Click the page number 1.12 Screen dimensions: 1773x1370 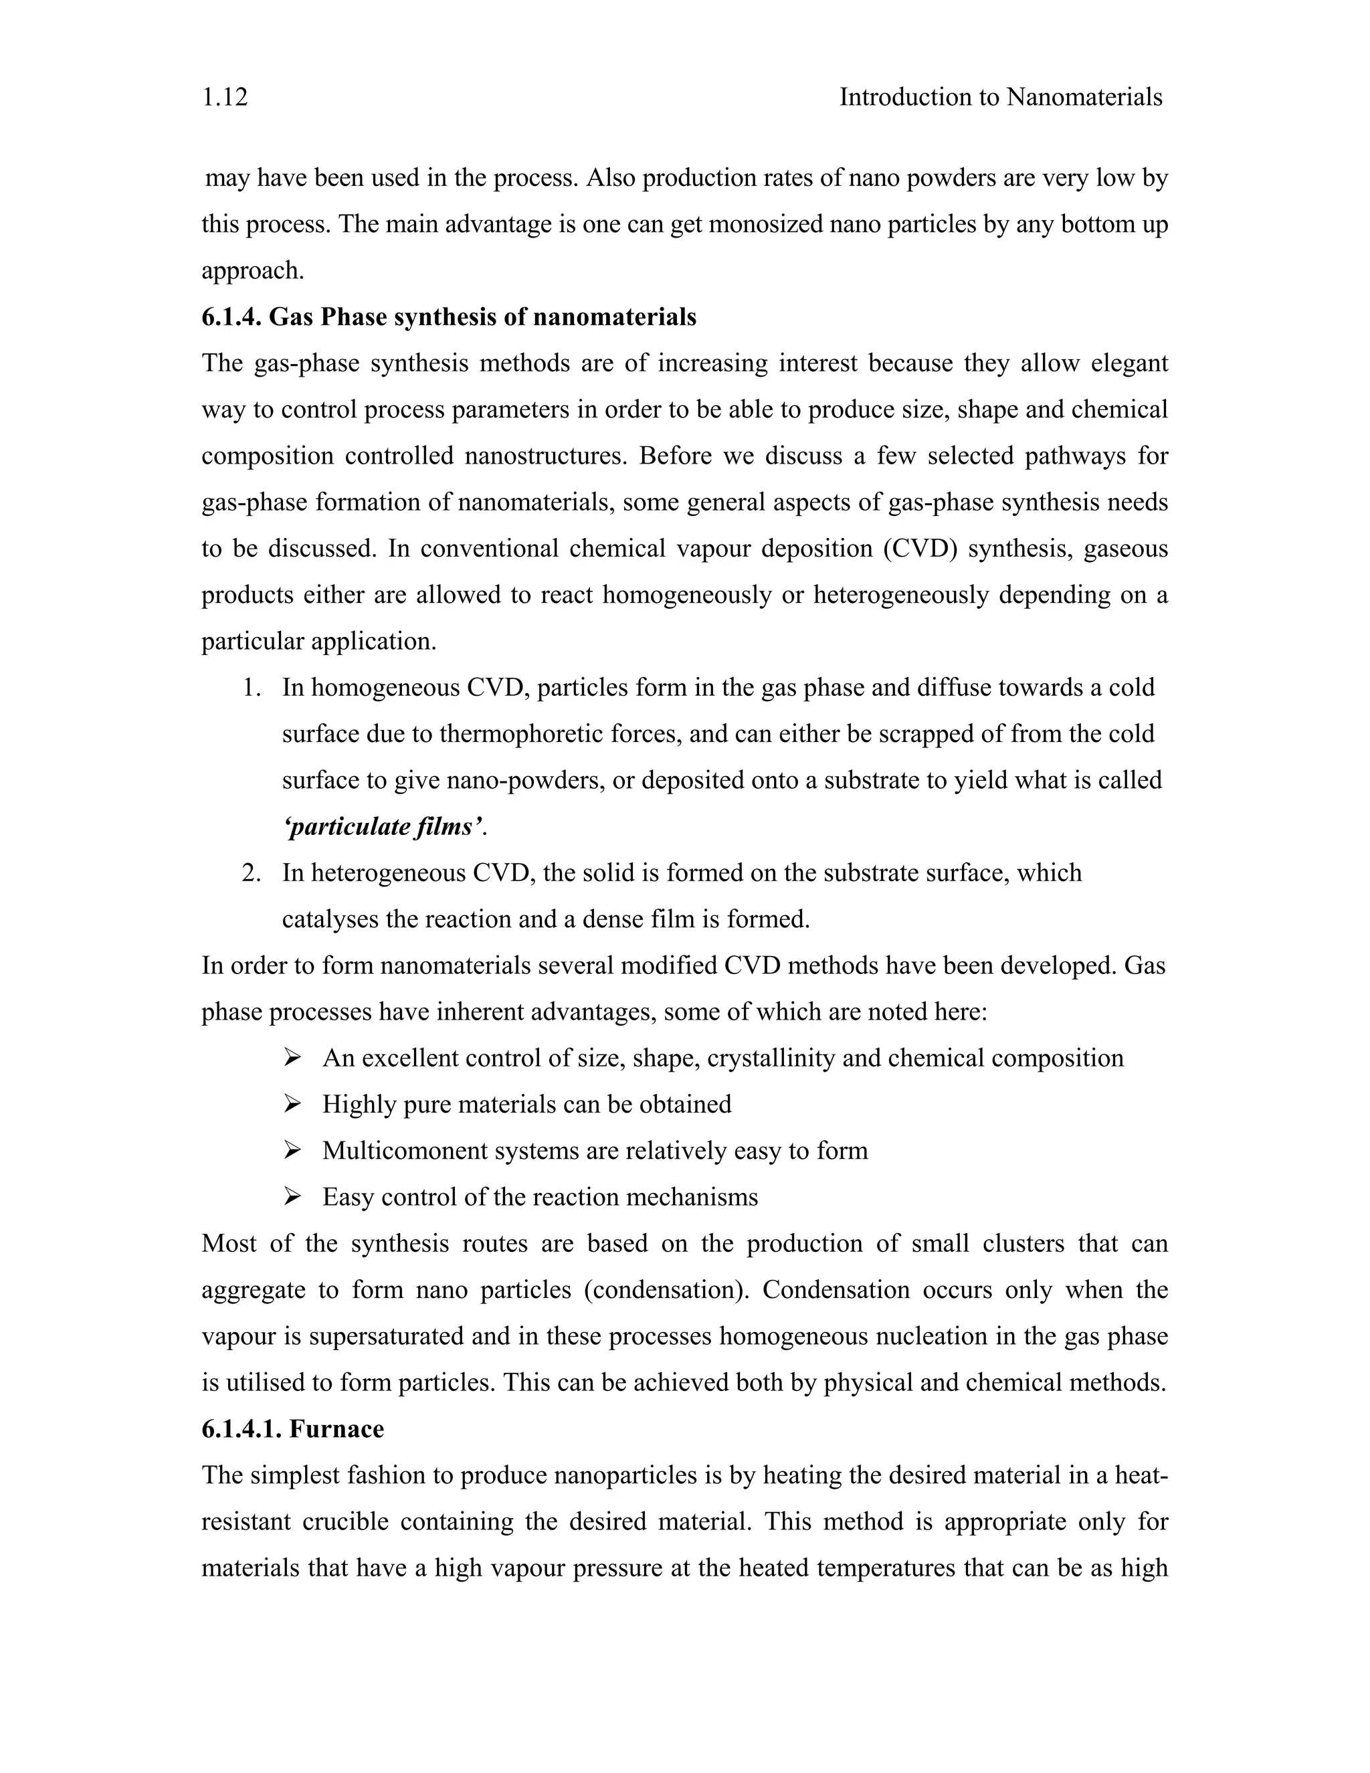click(x=225, y=98)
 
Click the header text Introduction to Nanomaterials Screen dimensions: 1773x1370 click(x=1000, y=98)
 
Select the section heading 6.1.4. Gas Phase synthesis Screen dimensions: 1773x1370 click(x=448, y=316)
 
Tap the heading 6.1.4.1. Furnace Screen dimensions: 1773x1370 click(x=292, y=1429)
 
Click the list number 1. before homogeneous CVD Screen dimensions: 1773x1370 click(x=252, y=688)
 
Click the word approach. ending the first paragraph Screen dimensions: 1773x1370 click(x=252, y=271)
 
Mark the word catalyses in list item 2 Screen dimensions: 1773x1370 click(x=330, y=920)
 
